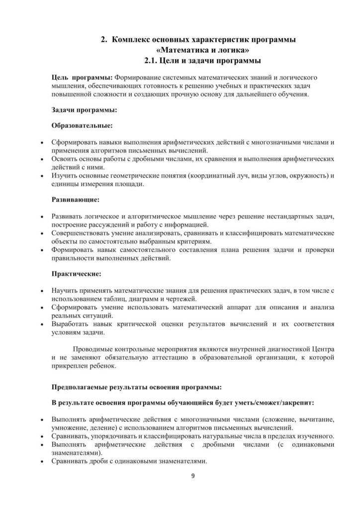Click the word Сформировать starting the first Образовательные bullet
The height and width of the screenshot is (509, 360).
pyautogui.click(x=76, y=142)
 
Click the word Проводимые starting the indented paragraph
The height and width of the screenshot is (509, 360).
pyautogui.click(x=95, y=348)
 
